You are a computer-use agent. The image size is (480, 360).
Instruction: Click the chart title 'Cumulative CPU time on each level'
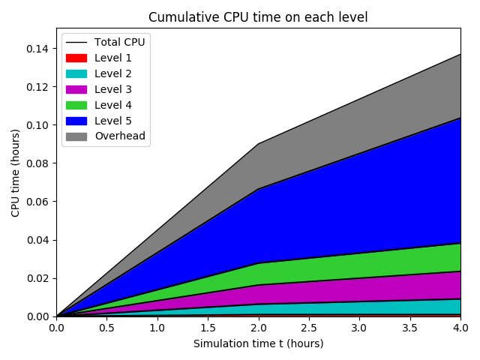258,17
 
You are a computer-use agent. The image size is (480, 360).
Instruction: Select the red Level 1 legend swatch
76,58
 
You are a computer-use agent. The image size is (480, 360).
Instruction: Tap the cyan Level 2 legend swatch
76,73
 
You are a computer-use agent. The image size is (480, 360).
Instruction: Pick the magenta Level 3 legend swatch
76,89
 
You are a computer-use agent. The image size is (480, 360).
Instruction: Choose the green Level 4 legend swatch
76,105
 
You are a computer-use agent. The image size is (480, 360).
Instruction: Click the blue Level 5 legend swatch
76,121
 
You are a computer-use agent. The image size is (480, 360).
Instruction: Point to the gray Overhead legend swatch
76,136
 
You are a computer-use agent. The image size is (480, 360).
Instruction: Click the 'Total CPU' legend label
119,42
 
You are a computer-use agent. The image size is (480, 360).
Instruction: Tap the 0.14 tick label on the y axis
38,49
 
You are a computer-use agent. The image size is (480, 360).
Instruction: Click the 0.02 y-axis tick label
38,278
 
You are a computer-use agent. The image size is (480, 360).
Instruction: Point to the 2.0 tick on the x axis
258,328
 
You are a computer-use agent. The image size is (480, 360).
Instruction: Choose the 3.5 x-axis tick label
409,328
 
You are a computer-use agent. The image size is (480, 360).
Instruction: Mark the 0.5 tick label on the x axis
106,328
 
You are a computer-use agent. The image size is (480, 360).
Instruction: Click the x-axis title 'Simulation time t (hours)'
258,343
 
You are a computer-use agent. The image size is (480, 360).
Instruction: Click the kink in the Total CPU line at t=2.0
258,143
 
